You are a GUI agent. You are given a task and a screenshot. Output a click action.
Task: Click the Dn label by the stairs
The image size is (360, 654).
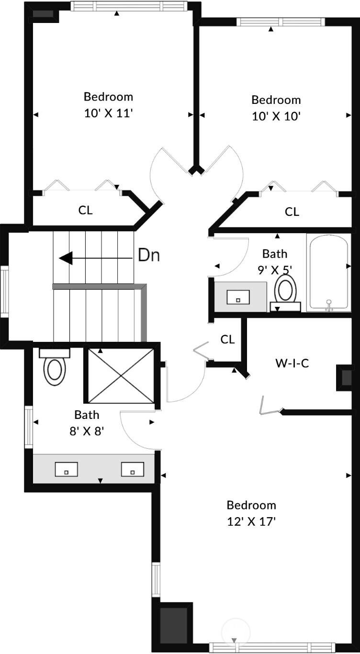[x=149, y=255]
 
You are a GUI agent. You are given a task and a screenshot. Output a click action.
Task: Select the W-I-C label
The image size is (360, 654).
[x=292, y=363]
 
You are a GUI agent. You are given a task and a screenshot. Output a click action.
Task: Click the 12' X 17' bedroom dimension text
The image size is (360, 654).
[x=251, y=521]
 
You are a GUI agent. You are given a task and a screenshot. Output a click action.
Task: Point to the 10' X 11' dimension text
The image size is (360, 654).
[x=109, y=113]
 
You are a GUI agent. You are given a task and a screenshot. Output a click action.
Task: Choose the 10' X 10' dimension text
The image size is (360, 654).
[x=276, y=116]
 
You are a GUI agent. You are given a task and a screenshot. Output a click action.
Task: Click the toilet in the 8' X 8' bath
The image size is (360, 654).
[x=55, y=367]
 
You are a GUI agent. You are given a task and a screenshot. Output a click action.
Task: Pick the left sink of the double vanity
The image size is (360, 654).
[x=67, y=470]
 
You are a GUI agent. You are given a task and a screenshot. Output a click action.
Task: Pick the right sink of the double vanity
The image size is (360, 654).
[x=133, y=470]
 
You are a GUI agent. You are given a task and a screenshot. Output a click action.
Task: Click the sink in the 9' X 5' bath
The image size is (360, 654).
[x=238, y=297]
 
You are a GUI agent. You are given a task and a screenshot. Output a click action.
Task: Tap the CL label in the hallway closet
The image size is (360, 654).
[x=227, y=339]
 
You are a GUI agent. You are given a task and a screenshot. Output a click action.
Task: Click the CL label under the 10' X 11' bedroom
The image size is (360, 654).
[x=85, y=210]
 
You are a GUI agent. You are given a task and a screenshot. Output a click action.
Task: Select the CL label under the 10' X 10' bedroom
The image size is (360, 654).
[x=292, y=212]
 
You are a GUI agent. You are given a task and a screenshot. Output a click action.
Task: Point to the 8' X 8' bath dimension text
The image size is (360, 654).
[x=87, y=431]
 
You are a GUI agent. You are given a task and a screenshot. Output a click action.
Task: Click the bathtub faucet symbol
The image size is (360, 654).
[x=329, y=305]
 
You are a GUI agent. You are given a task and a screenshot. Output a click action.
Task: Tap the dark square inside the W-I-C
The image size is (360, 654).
[x=347, y=377]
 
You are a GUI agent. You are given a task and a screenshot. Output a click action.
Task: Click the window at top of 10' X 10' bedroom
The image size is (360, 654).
[x=281, y=22]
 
